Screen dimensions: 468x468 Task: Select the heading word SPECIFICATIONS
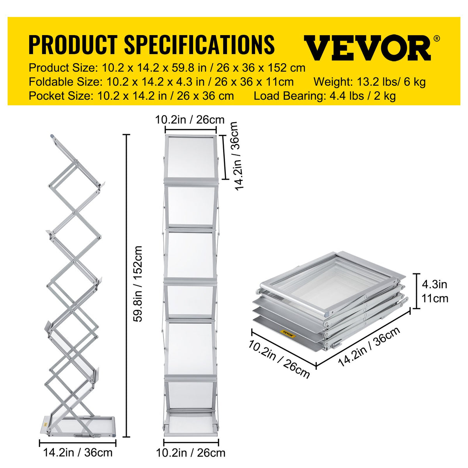point(199,44)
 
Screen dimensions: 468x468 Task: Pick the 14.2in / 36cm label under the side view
point(78,452)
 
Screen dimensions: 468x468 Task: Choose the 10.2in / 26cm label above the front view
point(190,119)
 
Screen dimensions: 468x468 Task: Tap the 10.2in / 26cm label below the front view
point(191,453)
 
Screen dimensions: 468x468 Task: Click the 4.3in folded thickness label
point(434,284)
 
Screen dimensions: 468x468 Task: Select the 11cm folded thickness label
point(435,298)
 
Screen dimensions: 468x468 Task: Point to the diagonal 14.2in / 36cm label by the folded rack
point(369,346)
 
